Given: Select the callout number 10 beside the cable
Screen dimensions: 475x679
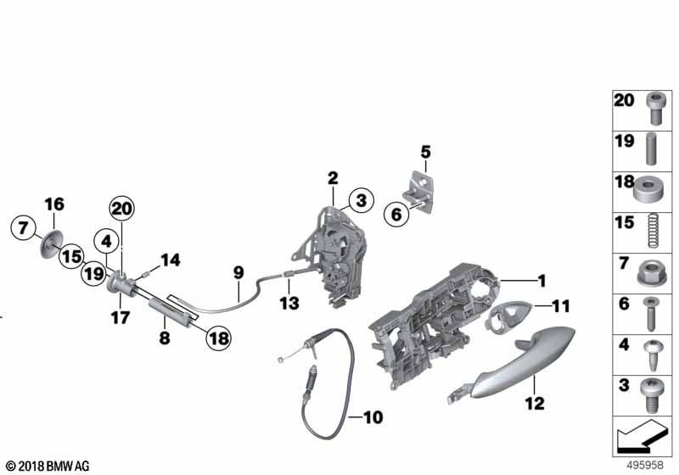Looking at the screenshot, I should pyautogui.click(x=374, y=416).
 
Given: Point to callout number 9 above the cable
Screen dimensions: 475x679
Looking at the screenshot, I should pyautogui.click(x=238, y=272).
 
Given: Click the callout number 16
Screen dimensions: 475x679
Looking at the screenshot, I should pyautogui.click(x=53, y=204).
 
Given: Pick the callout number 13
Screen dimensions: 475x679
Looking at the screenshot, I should pyautogui.click(x=289, y=303).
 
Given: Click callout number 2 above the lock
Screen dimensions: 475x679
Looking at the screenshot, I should pyautogui.click(x=333, y=178).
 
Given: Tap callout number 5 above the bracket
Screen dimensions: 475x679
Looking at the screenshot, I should pyautogui.click(x=425, y=152).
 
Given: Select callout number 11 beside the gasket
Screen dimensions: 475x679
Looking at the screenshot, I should pyautogui.click(x=561, y=305).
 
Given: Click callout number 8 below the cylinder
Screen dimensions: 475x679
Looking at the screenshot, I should pyautogui.click(x=165, y=338).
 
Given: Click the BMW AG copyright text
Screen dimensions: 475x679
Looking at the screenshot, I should pyautogui.click(x=47, y=467).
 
